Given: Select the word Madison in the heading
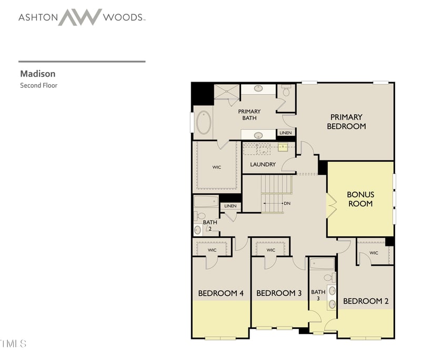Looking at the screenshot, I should click(x=38, y=74).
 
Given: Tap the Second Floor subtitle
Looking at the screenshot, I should click(x=39, y=85).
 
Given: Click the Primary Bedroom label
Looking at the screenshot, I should click(x=346, y=122).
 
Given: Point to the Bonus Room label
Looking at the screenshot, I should click(x=360, y=199).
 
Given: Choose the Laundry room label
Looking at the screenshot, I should click(x=263, y=165).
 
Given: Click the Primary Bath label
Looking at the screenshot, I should click(x=249, y=115).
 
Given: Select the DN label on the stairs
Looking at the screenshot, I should click(x=287, y=204).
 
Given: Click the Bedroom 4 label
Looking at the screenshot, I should click(x=220, y=293).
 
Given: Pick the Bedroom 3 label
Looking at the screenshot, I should click(x=278, y=293).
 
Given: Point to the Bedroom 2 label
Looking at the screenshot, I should click(x=366, y=302).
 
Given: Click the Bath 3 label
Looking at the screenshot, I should click(x=318, y=295).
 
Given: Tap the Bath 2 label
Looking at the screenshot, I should click(x=209, y=225).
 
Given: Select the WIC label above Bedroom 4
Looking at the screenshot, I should click(x=212, y=250).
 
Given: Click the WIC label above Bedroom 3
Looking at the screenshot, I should click(x=270, y=250).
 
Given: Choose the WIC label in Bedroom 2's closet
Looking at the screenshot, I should click(x=374, y=253).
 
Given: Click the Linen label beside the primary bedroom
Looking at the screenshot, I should click(x=285, y=133).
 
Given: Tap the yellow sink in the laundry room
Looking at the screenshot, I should click(x=283, y=147).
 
